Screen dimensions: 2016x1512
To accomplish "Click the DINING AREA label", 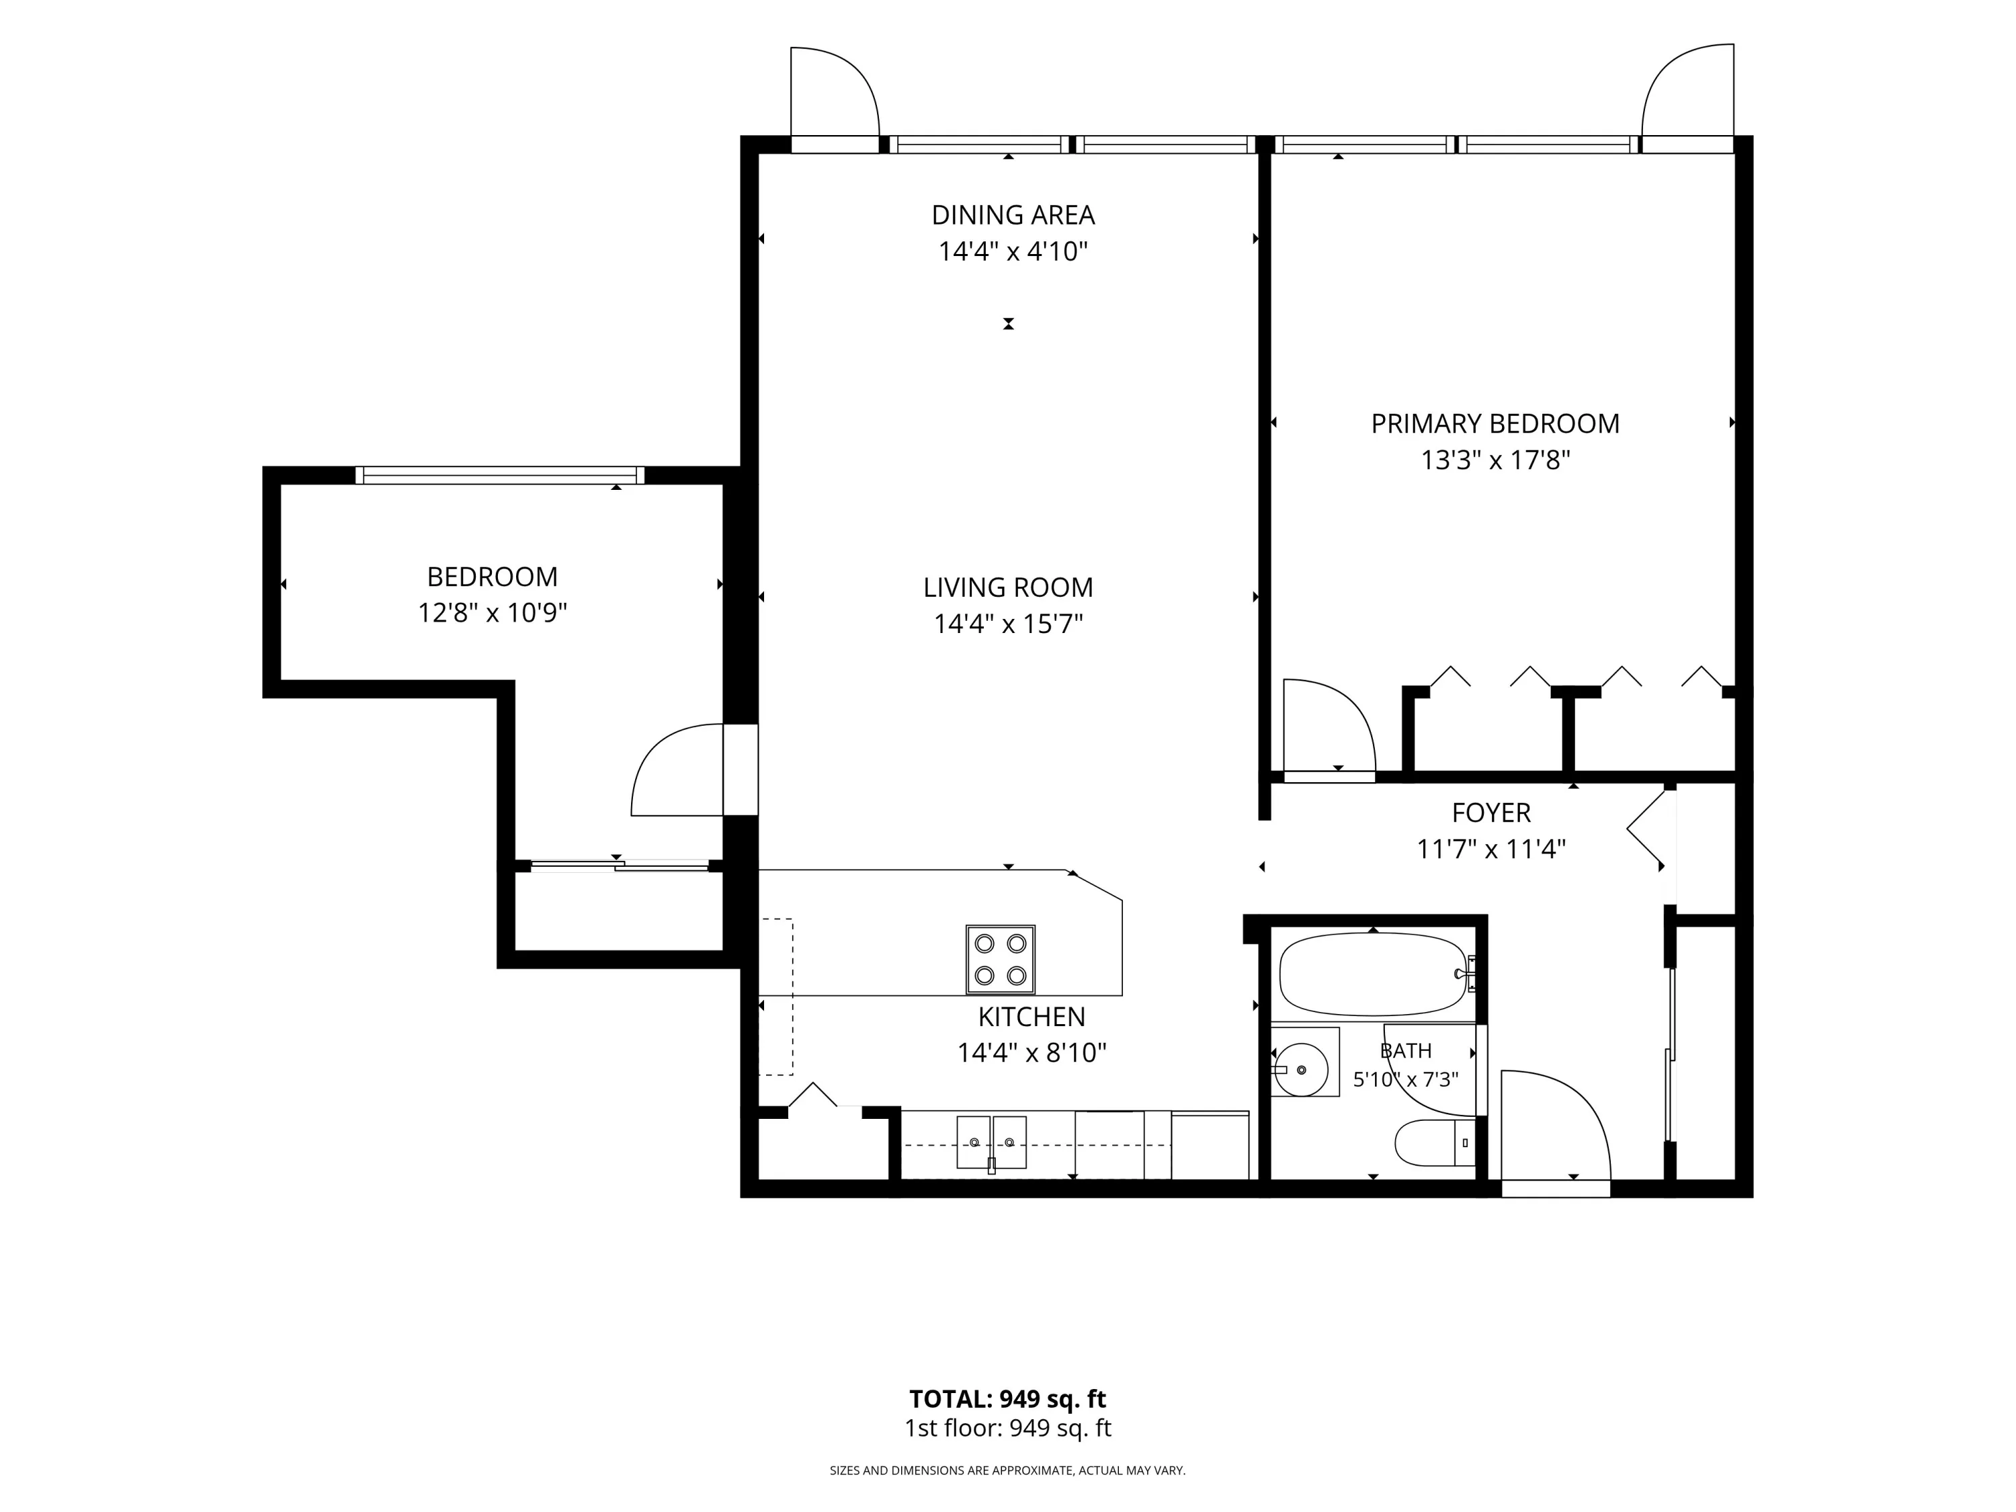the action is click(1013, 215).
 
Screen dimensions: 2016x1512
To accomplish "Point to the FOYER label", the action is click(1491, 812).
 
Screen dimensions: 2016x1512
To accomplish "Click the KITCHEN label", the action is click(1032, 1016).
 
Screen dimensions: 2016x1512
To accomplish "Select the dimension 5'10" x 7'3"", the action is click(1405, 1080).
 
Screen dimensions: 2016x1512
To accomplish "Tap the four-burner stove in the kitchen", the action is click(1001, 960).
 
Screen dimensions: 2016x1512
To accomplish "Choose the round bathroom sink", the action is click(1302, 1068).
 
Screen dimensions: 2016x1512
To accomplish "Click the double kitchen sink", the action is click(992, 1142).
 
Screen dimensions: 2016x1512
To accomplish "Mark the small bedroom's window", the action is click(499, 475).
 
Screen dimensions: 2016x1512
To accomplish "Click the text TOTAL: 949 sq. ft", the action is click(1007, 1399).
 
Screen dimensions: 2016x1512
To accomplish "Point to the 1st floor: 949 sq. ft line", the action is click(1007, 1428).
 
